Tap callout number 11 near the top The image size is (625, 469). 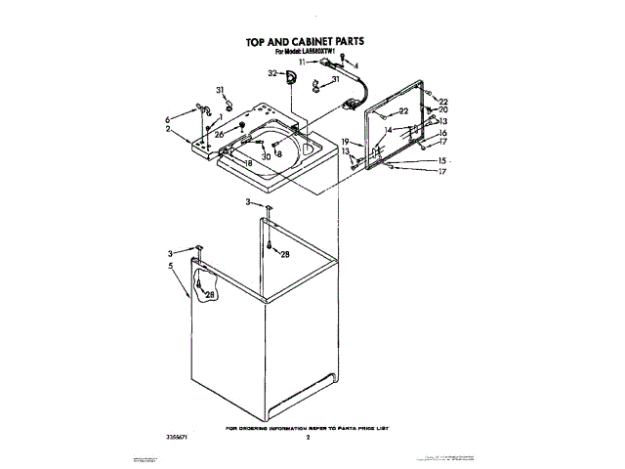[303, 62]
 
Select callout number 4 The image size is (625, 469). [355, 65]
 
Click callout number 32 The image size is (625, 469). [272, 74]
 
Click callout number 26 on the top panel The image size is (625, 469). [220, 134]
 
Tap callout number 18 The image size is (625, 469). [248, 163]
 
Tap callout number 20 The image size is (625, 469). [442, 109]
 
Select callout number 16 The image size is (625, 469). [441, 133]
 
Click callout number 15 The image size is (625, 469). [441, 160]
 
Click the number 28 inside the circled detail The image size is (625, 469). [209, 294]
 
